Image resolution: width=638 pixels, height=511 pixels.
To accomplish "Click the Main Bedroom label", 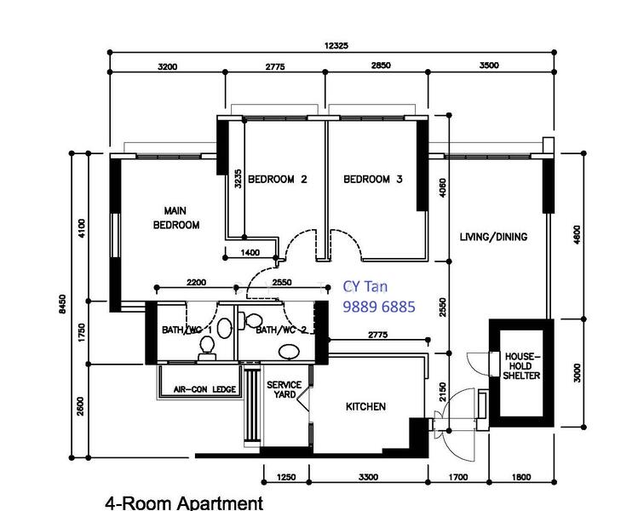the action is (176, 218).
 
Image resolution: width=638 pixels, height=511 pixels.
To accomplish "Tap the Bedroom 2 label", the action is (278, 179).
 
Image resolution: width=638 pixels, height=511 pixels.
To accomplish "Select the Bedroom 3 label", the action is (373, 179).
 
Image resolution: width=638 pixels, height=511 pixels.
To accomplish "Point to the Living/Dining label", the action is (493, 237).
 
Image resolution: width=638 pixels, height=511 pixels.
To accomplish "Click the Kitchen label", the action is (365, 406).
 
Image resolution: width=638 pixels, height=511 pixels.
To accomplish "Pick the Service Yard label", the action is (284, 389).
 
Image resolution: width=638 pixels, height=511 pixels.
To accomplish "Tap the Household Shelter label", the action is (521, 366).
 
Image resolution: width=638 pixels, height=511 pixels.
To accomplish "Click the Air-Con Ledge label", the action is (204, 389).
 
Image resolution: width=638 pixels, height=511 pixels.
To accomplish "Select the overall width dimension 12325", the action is (336, 46).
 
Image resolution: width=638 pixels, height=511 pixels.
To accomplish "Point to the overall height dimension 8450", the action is (62, 304).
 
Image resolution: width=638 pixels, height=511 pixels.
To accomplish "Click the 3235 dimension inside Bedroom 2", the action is (238, 179).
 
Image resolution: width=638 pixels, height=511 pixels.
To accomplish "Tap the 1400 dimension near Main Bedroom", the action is (250, 253).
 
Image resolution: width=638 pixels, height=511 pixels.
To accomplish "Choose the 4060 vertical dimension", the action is (443, 188).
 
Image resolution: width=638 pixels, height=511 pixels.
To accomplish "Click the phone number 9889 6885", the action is (379, 307).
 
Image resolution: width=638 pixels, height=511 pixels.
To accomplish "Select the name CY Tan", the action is (365, 286).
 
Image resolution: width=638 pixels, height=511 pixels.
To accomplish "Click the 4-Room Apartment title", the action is (184, 503).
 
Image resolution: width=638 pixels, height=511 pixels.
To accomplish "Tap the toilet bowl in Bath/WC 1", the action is (207, 349).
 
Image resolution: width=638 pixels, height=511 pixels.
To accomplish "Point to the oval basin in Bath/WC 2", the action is (289, 352).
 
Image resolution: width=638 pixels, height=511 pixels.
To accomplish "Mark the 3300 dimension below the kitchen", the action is (368, 477).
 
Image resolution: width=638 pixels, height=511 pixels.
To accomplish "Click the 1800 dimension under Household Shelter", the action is (521, 477).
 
